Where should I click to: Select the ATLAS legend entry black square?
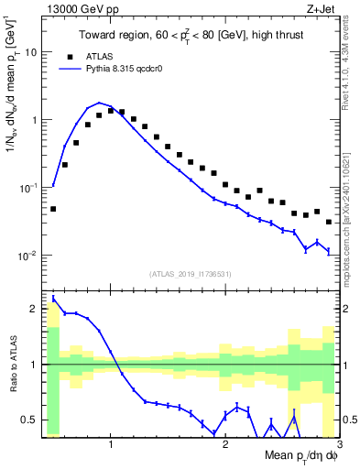pos(65,55)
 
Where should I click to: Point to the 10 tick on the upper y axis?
pos(31,52)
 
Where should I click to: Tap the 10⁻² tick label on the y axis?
pos(27,255)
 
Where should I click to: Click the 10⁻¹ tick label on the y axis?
pos(27,187)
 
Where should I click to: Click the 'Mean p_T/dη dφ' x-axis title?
pos(299,456)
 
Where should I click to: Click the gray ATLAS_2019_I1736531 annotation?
pos(190,273)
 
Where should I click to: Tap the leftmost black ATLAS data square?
pos(53,209)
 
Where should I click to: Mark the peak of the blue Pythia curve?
pos(99,103)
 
